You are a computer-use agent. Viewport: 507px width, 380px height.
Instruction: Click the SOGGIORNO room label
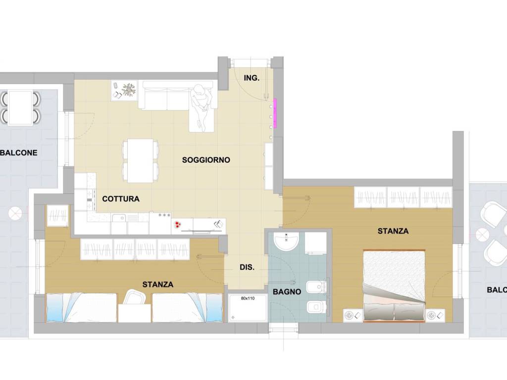coord(206,160)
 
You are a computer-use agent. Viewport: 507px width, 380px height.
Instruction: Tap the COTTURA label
coord(121,199)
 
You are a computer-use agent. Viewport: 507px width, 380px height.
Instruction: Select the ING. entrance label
coord(251,78)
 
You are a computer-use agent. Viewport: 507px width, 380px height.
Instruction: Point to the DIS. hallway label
coord(247,267)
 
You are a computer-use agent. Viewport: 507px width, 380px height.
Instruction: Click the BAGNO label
coord(287,292)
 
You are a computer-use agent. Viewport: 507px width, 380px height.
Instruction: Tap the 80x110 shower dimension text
coord(248,298)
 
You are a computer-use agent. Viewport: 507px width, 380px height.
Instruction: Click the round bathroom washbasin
coord(286,241)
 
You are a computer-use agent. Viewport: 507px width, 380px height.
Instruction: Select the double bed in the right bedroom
coord(394,286)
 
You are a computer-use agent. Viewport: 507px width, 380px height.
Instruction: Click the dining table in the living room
coord(140,161)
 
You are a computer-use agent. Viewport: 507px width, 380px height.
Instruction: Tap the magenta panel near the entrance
coord(275,113)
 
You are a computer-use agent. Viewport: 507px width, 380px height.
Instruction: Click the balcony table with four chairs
coord(20,107)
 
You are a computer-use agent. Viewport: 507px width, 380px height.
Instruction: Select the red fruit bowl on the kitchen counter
coord(178,225)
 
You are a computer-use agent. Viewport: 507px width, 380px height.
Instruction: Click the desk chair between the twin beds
coord(133,297)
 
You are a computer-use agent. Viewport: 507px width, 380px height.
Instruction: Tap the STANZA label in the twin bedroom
coord(158,285)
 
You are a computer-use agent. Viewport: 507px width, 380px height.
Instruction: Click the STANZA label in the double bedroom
coord(393,231)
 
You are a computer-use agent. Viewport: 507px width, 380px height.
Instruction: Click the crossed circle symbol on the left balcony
coord(15,214)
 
